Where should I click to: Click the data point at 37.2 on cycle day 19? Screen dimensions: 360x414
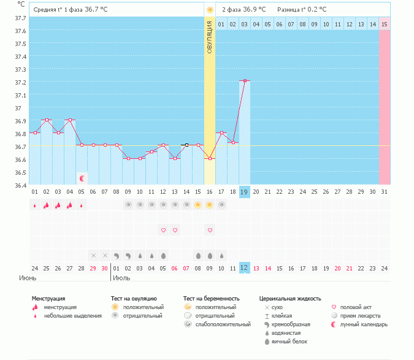tap(245, 80)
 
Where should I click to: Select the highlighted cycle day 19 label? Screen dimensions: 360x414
tap(244, 192)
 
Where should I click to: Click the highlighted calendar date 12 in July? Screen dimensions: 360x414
tap(244, 267)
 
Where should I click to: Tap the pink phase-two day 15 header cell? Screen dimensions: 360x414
tap(384, 24)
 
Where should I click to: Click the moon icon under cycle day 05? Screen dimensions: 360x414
tap(82, 178)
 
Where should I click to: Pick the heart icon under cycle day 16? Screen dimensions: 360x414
tap(210, 230)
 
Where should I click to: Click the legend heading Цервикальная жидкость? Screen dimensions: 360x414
tap(290, 299)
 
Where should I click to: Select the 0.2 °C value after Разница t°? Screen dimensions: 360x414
tap(316, 10)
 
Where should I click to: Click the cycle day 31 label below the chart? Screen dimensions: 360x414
tap(384, 192)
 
